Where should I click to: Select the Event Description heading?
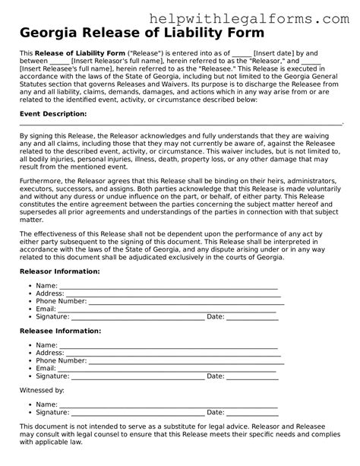(52, 113)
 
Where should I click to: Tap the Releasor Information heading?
(58, 270)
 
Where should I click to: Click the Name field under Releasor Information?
(167, 285)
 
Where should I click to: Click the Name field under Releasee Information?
(167, 346)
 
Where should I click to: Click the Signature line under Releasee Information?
(137, 376)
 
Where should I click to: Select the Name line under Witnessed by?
(167, 404)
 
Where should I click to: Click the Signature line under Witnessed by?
(137, 413)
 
